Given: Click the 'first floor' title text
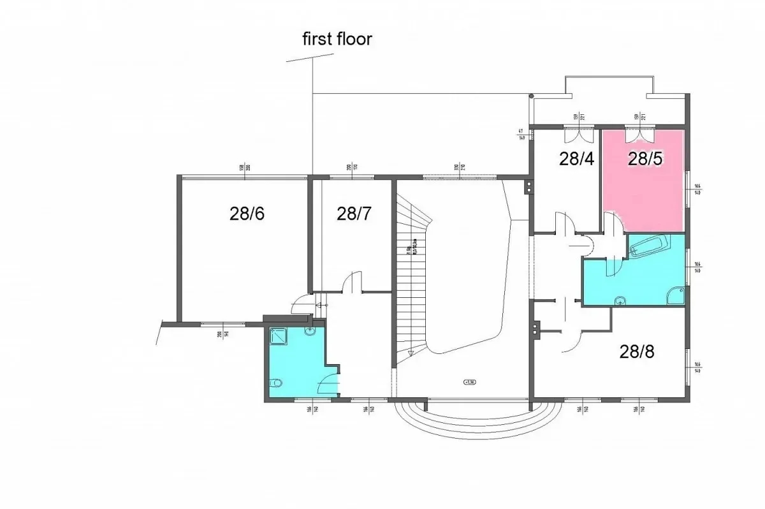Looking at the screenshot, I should [337, 40].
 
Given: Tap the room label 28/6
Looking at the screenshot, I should [247, 214].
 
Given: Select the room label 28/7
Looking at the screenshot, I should [354, 214].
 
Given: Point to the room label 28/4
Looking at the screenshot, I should [576, 159].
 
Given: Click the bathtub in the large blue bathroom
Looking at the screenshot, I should [649, 246].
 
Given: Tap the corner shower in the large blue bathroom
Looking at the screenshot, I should [674, 295].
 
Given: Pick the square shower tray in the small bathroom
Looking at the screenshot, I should [279, 336].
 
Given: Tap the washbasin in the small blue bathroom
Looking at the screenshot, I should [310, 331].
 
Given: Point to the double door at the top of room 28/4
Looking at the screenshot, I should [576, 135].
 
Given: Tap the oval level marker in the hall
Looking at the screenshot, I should [470, 383].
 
